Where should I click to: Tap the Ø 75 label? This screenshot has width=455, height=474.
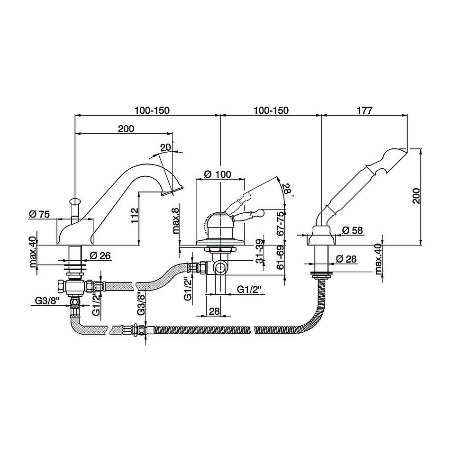pyautogui.click(x=39, y=214)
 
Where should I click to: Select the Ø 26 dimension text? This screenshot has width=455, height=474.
pyautogui.click(x=100, y=256)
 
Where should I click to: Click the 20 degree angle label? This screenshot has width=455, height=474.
pyautogui.click(x=165, y=147)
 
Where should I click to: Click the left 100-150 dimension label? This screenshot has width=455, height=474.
pyautogui.click(x=152, y=110)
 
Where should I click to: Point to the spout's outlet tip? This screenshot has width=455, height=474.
pyautogui.click(x=172, y=191)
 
